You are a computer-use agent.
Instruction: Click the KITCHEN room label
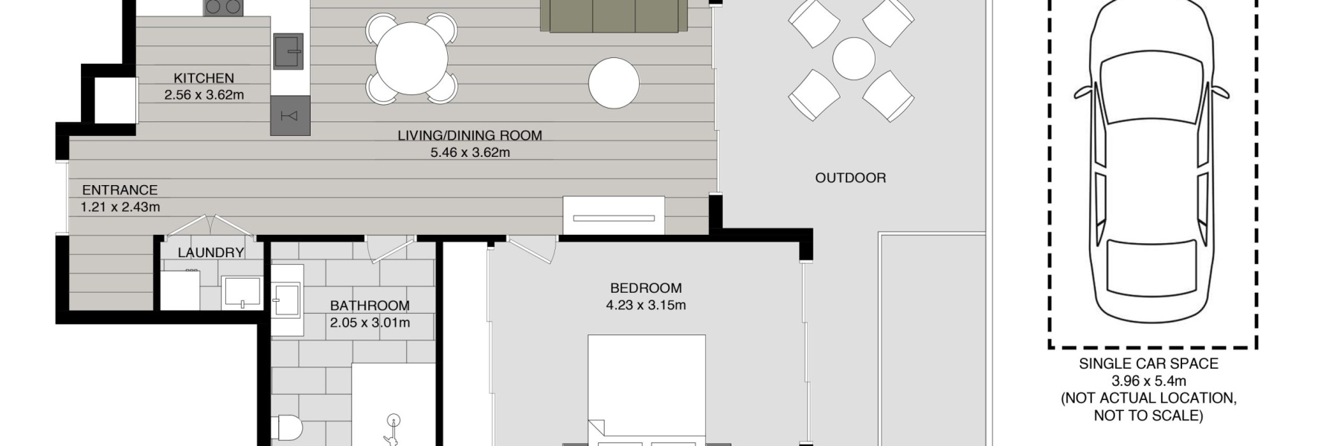204,78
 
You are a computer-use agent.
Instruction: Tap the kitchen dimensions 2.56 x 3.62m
204,95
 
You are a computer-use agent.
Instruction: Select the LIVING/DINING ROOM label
469,135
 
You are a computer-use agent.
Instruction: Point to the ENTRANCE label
120,190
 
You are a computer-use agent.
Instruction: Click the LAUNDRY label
211,253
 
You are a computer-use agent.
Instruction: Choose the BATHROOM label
370,306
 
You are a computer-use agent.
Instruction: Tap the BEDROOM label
646,288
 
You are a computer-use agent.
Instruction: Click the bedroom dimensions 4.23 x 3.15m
646,305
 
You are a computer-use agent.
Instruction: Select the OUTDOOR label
850,178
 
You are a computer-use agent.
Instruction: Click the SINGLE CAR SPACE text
1149,363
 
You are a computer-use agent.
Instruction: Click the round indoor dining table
411,59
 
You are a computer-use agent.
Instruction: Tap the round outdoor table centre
853,59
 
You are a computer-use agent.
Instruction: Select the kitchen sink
288,51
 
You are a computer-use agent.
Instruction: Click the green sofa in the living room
614,16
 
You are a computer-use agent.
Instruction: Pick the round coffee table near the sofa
614,83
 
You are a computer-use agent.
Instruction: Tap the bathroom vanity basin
286,300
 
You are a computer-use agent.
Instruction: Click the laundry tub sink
242,292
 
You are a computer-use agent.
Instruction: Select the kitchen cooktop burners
223,7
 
